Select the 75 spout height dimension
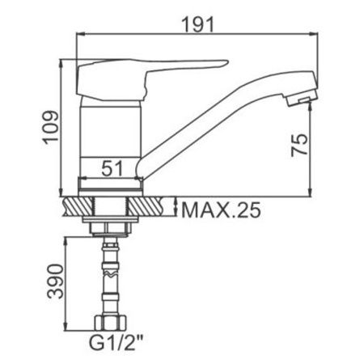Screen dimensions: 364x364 point(299,145)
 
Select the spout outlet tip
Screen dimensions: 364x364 point(300,99)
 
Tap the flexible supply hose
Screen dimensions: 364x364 point(111,279)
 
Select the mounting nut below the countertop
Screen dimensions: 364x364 point(111,224)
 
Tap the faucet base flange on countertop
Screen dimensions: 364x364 point(112,185)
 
